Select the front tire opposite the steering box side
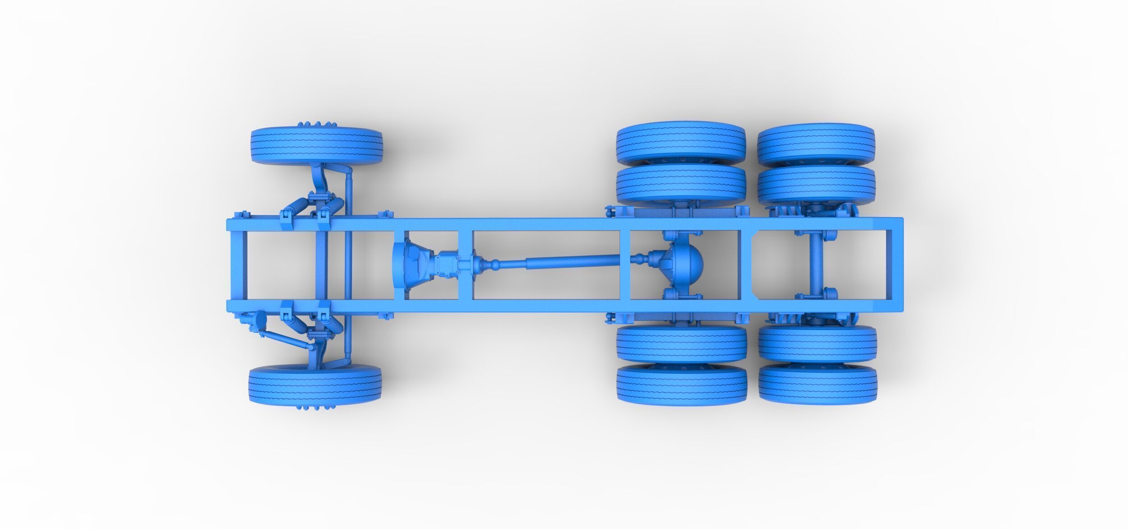[316, 142]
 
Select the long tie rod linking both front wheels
[348, 266]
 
